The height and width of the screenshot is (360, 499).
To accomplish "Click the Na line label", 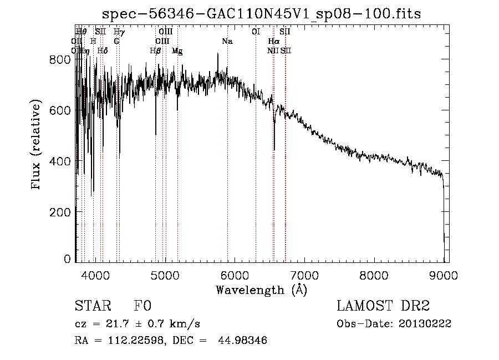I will [x=227, y=41].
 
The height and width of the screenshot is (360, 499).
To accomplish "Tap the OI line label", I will [x=256, y=32].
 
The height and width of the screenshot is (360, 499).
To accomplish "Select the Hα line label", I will [x=273, y=41].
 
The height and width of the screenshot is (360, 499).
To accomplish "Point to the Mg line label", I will [x=177, y=51].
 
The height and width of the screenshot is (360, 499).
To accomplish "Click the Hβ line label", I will [x=155, y=50].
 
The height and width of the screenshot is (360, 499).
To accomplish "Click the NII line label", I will [x=272, y=50].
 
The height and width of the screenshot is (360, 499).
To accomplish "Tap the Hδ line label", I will [x=102, y=50].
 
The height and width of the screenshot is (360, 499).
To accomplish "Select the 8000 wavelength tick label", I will [x=374, y=274].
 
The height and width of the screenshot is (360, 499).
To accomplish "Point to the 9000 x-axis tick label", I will [x=444, y=274].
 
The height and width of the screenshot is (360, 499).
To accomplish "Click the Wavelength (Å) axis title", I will [x=261, y=289].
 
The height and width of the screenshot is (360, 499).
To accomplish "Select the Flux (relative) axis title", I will [x=37, y=145].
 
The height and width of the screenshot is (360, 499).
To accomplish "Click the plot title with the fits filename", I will [x=262, y=14].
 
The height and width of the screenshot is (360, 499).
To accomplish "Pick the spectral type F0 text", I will [x=142, y=306].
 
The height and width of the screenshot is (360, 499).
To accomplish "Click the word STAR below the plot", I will [x=91, y=306].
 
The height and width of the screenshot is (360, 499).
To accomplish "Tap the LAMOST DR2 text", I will [x=383, y=306].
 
